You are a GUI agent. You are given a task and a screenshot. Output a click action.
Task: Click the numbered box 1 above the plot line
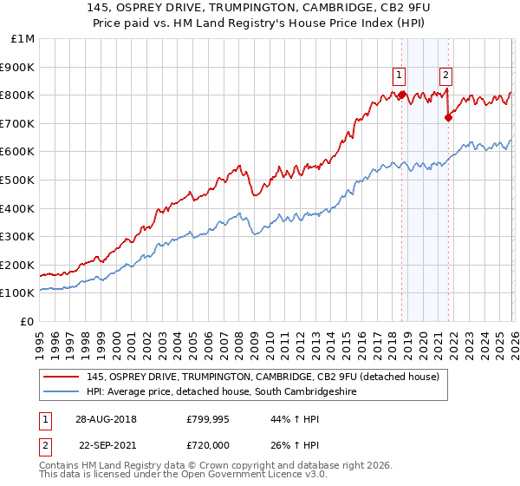pyautogui.click(x=399, y=75)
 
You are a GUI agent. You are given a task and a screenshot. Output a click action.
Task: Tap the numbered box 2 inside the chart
pyautogui.click(x=445, y=75)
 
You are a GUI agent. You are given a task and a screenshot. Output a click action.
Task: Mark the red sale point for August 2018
pyautogui.click(x=401, y=95)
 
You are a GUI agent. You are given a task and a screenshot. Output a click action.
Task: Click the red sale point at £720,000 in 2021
pyautogui.click(x=448, y=118)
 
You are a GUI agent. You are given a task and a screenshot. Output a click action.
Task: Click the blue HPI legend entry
pyautogui.click(x=221, y=392)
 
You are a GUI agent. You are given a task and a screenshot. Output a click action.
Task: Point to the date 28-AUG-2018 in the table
pyautogui.click(x=106, y=418)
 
